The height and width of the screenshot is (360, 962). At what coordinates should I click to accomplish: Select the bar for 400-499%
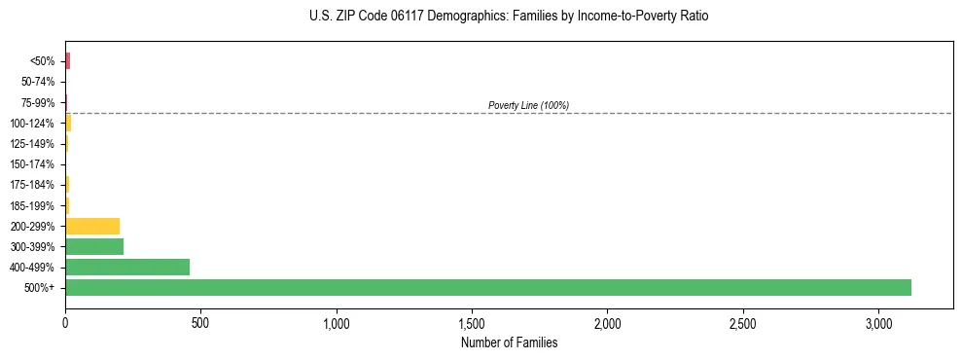tap(127, 267)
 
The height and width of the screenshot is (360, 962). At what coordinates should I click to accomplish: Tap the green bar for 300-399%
tap(94, 246)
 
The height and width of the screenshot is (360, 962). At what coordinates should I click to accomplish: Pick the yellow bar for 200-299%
tap(92, 226)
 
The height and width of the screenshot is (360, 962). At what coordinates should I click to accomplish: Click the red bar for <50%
tap(68, 61)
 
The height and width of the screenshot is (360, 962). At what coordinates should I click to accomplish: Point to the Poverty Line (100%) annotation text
tap(528, 105)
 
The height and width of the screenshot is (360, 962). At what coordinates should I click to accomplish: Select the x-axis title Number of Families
tap(509, 342)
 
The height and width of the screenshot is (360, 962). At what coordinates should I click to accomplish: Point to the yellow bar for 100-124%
tap(68, 123)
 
